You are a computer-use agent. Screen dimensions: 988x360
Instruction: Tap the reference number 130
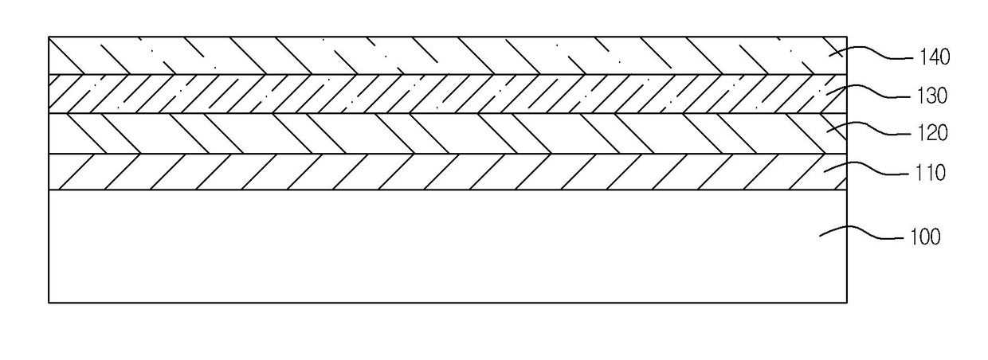930,96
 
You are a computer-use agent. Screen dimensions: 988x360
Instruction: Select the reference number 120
930,133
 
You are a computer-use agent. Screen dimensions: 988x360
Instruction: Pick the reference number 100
924,237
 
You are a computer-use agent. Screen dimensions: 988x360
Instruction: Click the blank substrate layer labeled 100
398,247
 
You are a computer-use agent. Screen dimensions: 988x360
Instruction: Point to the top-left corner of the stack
49,37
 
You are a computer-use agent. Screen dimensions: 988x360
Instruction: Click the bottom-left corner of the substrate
49,303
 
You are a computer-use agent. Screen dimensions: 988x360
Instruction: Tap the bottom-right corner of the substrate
846,303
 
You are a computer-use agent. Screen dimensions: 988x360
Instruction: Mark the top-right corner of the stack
846,37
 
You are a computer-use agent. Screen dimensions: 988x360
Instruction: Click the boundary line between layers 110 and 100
398,190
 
